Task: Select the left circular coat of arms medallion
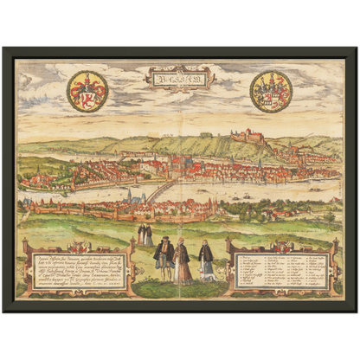[x=87, y=91]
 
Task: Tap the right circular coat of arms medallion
[x=271, y=91]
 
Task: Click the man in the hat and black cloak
[x=163, y=259]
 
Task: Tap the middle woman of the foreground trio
[x=183, y=261]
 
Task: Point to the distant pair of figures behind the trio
[x=145, y=235]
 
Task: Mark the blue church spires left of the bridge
[x=130, y=196]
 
